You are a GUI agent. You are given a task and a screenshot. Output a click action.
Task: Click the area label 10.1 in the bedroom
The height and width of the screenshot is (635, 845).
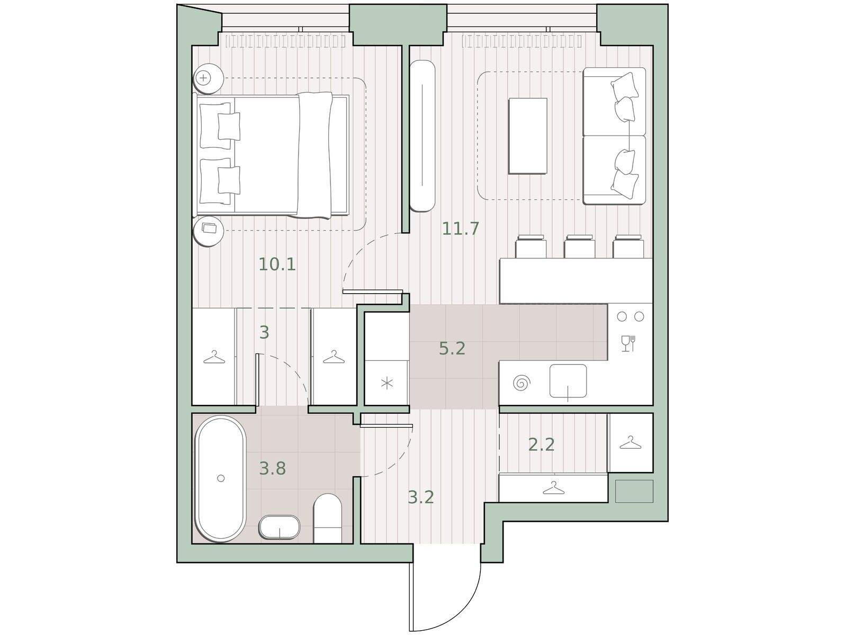click(x=277, y=264)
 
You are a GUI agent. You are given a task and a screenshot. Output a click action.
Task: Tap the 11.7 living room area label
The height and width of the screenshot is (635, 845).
click(x=461, y=229)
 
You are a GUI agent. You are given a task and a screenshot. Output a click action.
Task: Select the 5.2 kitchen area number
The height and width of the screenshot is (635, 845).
click(x=452, y=349)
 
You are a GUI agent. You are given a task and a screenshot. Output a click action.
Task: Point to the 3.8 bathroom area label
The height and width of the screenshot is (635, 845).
click(x=273, y=468)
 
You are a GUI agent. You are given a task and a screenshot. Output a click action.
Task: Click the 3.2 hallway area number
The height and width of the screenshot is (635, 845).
click(x=421, y=497)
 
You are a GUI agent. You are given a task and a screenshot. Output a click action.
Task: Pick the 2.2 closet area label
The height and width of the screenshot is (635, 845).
click(x=541, y=444)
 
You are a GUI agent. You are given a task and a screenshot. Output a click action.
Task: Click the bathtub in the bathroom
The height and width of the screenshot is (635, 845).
click(x=221, y=478)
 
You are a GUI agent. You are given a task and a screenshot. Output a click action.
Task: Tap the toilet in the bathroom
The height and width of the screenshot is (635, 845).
click(x=328, y=518)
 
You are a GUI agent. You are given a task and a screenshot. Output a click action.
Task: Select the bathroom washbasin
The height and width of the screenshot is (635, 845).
click(x=279, y=527)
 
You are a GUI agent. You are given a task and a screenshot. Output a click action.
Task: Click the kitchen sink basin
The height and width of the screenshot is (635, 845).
click(x=568, y=381)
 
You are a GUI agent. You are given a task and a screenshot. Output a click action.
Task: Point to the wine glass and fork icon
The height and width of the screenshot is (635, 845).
click(x=628, y=343)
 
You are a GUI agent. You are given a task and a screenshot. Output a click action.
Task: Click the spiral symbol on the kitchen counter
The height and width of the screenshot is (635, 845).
click(x=522, y=383)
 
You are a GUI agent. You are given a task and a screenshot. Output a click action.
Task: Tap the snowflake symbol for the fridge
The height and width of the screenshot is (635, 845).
click(x=387, y=384)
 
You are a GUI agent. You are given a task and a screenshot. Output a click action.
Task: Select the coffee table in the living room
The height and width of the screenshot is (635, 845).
click(x=528, y=136)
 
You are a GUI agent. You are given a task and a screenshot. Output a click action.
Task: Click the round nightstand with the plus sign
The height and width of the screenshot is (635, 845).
click(x=208, y=78)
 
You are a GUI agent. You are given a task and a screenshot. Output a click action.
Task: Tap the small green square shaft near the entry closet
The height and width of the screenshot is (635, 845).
click(x=634, y=491)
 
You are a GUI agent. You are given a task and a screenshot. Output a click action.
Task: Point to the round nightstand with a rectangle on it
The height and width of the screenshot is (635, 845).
click(x=208, y=232)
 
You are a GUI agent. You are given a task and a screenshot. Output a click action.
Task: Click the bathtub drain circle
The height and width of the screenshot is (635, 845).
click(x=221, y=478)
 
